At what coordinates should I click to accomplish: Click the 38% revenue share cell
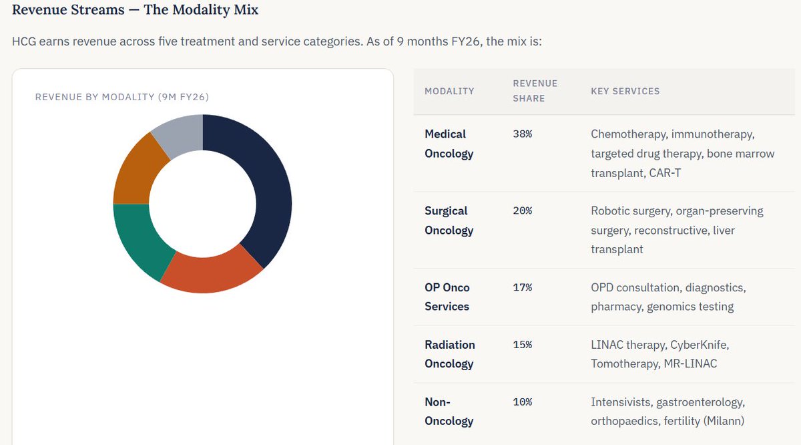pos(522,134)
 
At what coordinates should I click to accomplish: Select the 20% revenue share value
pos(522,211)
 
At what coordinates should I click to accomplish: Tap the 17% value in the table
pos(522,287)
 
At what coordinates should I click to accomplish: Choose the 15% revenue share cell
pos(522,345)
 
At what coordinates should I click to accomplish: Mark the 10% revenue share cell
pos(522,402)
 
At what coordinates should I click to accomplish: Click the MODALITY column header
pos(449,91)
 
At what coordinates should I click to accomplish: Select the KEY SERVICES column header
pos(625,91)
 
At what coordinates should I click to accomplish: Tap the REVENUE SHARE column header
pos(535,91)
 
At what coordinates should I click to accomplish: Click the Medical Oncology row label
pos(449,144)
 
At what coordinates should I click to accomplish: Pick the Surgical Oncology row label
pos(449,220)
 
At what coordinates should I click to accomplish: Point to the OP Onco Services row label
pos(447,297)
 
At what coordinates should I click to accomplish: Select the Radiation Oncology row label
pos(449,354)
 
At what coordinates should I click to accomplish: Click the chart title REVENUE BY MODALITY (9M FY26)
pos(122,97)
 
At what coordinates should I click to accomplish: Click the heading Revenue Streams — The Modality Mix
pos(136,10)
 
